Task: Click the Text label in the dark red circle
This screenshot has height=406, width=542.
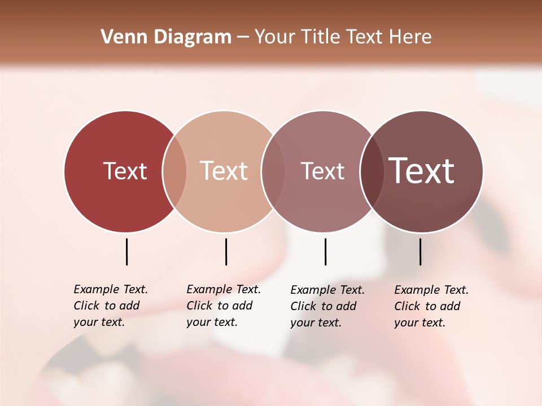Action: [x=125, y=171]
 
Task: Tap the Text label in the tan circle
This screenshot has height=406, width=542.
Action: [x=224, y=171]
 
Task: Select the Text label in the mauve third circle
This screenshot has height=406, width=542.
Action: [x=322, y=171]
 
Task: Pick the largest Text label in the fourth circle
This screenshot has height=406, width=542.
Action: [x=422, y=171]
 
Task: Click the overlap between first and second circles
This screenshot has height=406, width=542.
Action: [x=174, y=171]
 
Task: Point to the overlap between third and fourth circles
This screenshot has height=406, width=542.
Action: [x=372, y=171]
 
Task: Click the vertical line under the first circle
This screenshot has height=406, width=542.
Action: [x=126, y=251]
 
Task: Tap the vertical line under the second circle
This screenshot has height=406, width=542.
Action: [x=226, y=251]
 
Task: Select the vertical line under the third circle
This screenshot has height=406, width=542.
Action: [x=325, y=251]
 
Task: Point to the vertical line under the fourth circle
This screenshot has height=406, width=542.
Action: [x=420, y=251]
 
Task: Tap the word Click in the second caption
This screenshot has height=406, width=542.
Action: [x=199, y=306]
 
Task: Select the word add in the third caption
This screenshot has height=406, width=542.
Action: [x=346, y=306]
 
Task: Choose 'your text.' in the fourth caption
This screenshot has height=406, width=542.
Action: [x=420, y=323]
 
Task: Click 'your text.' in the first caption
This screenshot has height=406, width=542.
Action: [x=99, y=323]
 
